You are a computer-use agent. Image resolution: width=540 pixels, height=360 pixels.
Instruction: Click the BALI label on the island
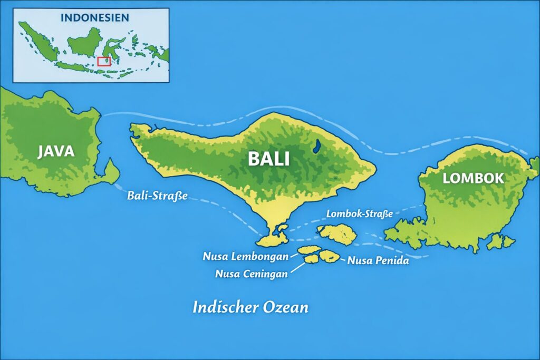(x=269, y=159)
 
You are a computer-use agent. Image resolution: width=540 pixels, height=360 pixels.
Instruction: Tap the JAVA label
(x=55, y=152)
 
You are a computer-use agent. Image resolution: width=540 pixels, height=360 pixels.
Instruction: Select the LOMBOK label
(x=473, y=178)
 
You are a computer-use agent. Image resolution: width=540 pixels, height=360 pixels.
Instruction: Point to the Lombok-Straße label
(x=359, y=213)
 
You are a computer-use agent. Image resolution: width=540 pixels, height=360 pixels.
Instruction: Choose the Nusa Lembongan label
(x=246, y=257)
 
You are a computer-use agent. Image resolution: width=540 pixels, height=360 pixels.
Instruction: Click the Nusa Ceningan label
(x=252, y=273)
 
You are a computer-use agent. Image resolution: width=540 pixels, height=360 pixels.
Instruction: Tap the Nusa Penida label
(x=378, y=260)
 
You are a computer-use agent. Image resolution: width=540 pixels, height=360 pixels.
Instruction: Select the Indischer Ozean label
(x=250, y=307)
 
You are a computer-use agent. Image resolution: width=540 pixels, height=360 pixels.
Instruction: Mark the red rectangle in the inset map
(x=104, y=61)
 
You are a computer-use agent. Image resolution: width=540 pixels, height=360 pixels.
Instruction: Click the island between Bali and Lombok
(x=336, y=233)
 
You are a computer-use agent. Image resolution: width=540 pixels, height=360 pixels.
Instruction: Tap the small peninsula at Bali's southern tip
(x=272, y=239)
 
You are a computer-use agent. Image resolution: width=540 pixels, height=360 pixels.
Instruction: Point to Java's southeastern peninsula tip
(x=112, y=172)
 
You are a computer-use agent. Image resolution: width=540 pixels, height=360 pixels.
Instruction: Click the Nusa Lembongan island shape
(x=309, y=249)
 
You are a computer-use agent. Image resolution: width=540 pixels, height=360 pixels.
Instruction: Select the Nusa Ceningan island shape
(x=311, y=259)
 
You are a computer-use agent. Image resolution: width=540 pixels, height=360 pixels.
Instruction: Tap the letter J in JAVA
(x=41, y=152)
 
